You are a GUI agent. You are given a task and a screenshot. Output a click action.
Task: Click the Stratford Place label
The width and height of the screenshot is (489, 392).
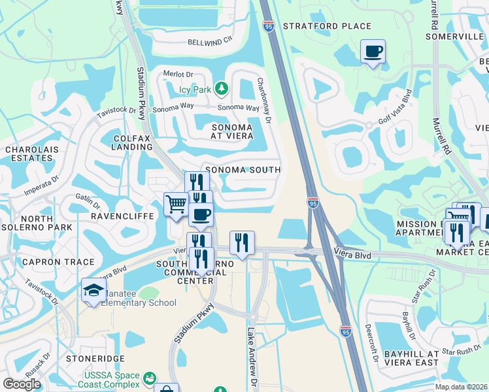[x=327, y=26]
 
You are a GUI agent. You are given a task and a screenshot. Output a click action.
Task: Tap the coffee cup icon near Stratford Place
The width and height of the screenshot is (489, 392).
[x=373, y=52]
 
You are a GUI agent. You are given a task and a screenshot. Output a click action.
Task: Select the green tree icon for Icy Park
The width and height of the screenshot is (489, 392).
[x=222, y=88]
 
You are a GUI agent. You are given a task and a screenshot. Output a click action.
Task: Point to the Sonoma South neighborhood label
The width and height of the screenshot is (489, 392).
[x=243, y=170]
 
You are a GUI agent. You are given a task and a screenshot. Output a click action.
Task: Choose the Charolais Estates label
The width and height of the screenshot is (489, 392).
[x=29, y=154]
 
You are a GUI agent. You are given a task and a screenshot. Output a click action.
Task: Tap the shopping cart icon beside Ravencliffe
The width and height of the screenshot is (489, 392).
[x=176, y=205]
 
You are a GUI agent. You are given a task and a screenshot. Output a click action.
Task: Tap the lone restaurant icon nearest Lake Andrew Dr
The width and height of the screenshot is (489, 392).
[x=242, y=243]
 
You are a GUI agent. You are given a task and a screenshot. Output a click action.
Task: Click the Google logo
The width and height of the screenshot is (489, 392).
[x=22, y=384]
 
